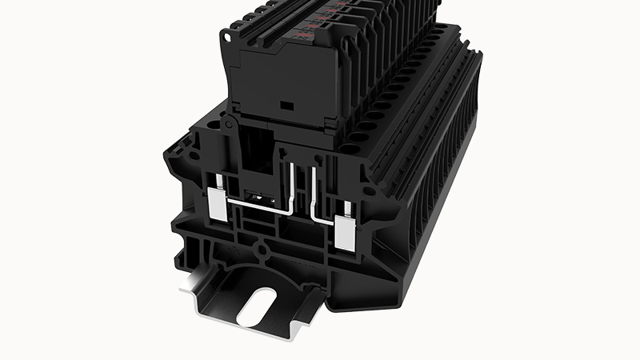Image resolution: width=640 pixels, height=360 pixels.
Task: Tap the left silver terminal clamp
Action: coord(216,206)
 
